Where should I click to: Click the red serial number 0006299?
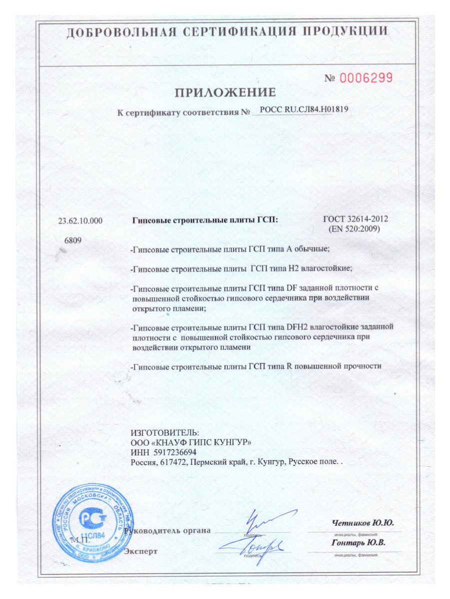tap(366, 78)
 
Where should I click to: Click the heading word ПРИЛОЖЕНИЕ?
tap(225, 92)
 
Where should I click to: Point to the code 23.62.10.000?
tap(80, 220)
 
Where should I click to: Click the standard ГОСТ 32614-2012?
tap(355, 220)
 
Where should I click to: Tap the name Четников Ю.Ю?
tap(362, 523)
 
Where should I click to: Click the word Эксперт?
tap(140, 551)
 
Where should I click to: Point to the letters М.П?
tap(80, 541)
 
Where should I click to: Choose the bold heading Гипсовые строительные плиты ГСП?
tap(204, 220)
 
